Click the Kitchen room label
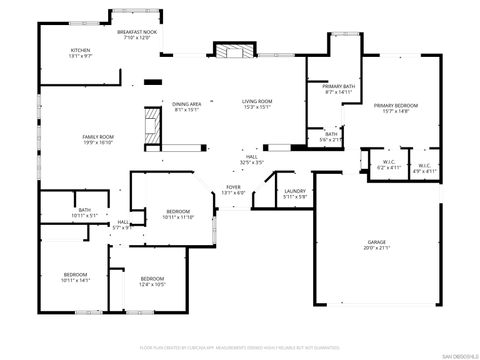pyautogui.click(x=80, y=50)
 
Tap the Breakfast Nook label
pyautogui.click(x=137, y=32)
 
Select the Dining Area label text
pyautogui.click(x=187, y=103)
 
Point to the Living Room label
pyautogui.click(x=257, y=101)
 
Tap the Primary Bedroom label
pyautogui.click(x=396, y=105)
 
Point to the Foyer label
pyautogui.click(x=232, y=186)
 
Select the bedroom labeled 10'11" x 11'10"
pyautogui.click(x=179, y=212)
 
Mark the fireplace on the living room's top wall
pyautogui.click(x=234, y=52)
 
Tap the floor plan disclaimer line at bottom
pyautogui.click(x=240, y=347)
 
